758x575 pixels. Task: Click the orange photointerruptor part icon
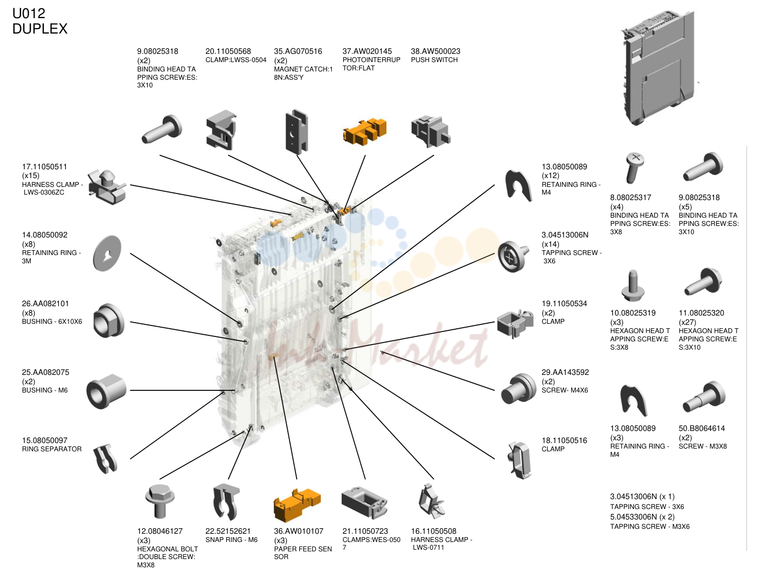[x=365, y=132]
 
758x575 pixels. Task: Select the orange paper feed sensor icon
[x=297, y=504]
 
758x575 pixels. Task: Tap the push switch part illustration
[x=431, y=132]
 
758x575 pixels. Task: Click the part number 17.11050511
[x=44, y=167]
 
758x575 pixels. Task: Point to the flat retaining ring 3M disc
[x=108, y=253]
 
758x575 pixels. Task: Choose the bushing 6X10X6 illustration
[x=108, y=320]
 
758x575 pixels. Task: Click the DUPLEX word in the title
[x=40, y=29]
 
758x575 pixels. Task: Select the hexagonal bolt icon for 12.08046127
[x=159, y=501]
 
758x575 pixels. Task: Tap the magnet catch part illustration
[x=297, y=132]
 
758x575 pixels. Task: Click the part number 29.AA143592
[x=565, y=372]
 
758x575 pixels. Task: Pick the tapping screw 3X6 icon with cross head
[x=513, y=256]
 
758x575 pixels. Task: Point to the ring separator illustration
[x=105, y=458]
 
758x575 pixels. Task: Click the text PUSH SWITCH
[x=434, y=60]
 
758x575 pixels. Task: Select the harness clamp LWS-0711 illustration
[x=431, y=501]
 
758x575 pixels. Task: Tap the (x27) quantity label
[x=687, y=322]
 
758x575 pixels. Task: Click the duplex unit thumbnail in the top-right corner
[x=658, y=68]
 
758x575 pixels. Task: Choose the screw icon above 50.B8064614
[x=704, y=397]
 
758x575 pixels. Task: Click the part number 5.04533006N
[x=633, y=517]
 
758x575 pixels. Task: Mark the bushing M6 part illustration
[x=107, y=391]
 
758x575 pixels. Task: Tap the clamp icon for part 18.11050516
[x=519, y=460]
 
